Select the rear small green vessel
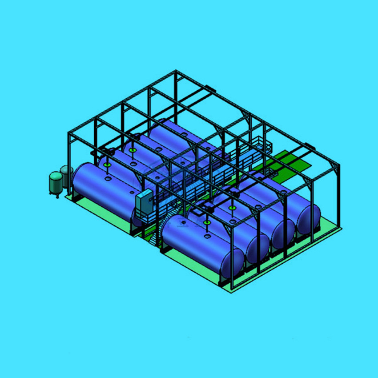tap(67, 175)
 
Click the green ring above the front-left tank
tap(107, 165)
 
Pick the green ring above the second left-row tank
tap(132, 150)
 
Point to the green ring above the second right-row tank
tap(231, 207)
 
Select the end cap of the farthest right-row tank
tap(309, 218)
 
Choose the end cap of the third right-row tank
tap(283, 233)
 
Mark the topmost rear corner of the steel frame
tap(176, 71)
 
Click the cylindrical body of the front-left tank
tap(102, 187)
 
